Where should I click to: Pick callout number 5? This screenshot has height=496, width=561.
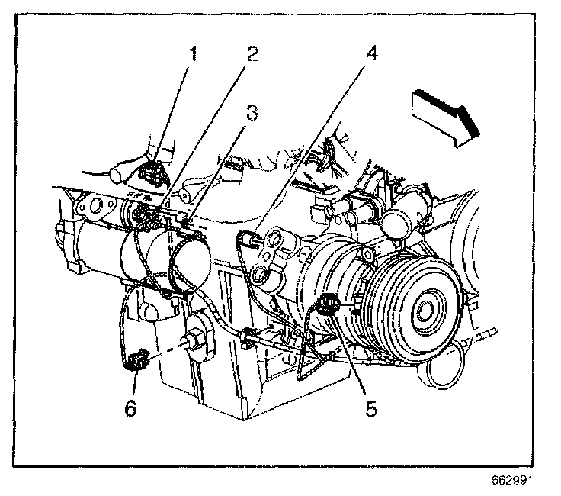coord(370,408)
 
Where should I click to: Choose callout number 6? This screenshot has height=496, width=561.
coord(130,408)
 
